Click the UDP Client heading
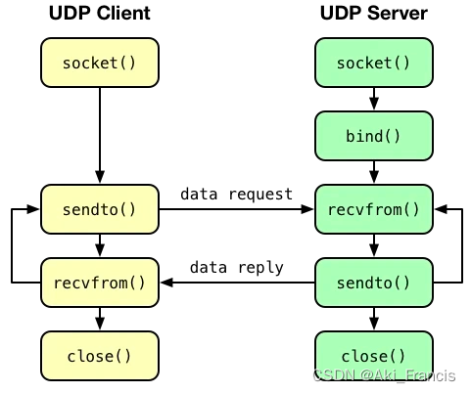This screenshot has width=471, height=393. tap(99, 14)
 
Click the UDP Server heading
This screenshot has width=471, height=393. tap(373, 14)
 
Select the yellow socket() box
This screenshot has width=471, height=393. tap(99, 63)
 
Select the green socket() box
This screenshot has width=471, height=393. tap(373, 63)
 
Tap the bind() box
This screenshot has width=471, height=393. tap(373, 135)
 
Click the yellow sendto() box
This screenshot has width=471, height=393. tap(99, 208)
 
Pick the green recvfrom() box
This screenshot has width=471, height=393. tap(373, 208)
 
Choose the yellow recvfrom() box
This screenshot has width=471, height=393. tap(99, 283)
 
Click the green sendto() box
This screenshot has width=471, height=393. tap(373, 283)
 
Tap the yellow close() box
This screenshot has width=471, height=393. tap(99, 356)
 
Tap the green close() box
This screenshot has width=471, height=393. tap(373, 356)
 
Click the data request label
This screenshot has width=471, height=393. tap(236, 194)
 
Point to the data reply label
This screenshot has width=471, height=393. tap(236, 267)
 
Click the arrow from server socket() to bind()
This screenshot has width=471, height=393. tap(373, 99)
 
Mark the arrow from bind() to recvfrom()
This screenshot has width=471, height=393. tap(373, 172)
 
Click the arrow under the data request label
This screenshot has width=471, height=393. tap(236, 209)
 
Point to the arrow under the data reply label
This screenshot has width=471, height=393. tap(236, 283)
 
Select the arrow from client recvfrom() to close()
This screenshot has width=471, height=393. tap(99, 319)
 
